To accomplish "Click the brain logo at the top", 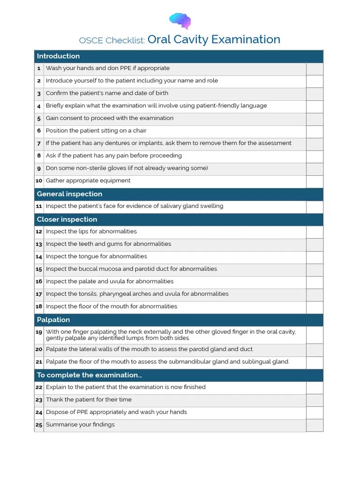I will point(180,21).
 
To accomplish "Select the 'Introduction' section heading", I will point(58,56).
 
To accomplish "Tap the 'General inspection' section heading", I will point(69,194).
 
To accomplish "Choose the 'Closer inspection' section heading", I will point(67,219).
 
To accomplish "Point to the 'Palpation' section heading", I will point(53,320).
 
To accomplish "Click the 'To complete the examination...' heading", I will point(90,375).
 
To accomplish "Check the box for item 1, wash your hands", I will point(315,69).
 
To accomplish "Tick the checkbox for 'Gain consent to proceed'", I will point(315,119).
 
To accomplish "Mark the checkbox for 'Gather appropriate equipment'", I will point(315,181).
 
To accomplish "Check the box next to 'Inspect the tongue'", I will point(315,257).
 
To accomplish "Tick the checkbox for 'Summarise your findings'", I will point(315,425).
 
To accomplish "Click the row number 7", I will point(39,143).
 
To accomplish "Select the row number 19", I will point(39,332).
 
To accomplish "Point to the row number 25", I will point(39,425).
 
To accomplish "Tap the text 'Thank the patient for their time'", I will point(89,400).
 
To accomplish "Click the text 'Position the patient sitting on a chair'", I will point(96,131).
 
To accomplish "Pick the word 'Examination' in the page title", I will point(246,39).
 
